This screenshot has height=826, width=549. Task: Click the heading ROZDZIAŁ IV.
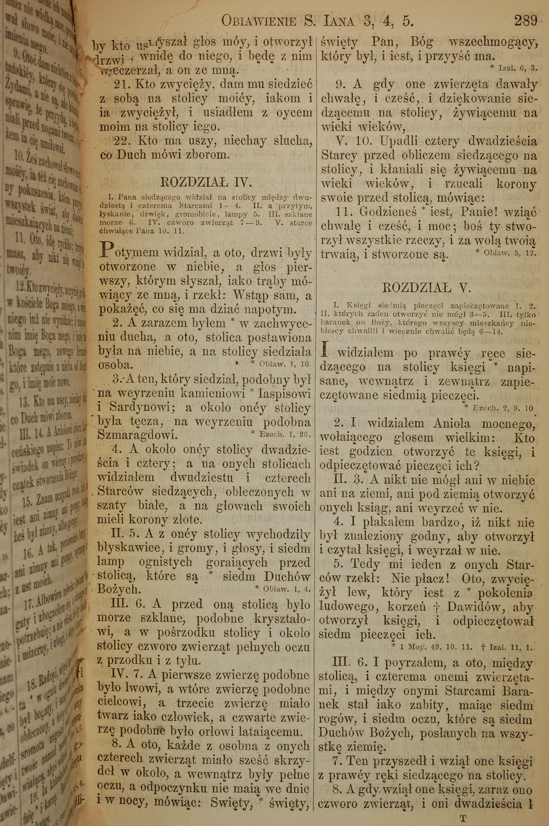pos(206,183)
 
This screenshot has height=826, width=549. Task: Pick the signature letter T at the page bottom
pos(463,817)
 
